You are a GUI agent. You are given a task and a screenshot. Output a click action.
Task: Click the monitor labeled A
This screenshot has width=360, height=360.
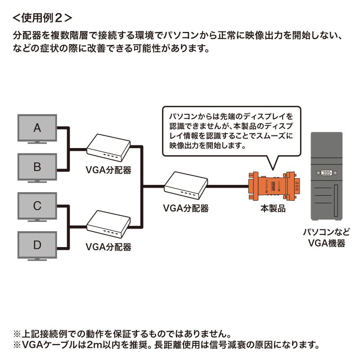[37, 128]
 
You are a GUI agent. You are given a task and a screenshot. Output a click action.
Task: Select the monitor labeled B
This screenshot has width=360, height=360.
[37, 167]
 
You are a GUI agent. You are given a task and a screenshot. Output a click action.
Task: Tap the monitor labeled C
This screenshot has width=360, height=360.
[37, 206]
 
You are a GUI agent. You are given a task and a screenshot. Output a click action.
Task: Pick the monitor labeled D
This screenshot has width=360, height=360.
[37, 245]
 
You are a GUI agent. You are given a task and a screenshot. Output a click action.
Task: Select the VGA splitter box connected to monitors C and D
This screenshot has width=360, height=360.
[108, 225]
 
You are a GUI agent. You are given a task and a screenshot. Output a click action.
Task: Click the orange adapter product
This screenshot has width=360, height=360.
[273, 185]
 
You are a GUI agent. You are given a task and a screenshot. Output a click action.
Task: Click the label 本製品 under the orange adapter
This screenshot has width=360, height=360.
[273, 208]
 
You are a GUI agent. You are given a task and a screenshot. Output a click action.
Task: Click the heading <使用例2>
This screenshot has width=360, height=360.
[41, 18]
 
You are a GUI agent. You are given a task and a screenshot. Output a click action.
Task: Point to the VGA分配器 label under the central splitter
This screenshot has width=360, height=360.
[186, 208]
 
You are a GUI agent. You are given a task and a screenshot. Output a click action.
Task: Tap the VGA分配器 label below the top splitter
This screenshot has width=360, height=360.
[108, 170]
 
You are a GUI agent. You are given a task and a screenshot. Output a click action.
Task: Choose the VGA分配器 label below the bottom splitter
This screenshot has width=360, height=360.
[108, 247]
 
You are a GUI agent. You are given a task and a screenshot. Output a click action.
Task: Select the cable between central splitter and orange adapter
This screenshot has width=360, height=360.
[228, 186]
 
